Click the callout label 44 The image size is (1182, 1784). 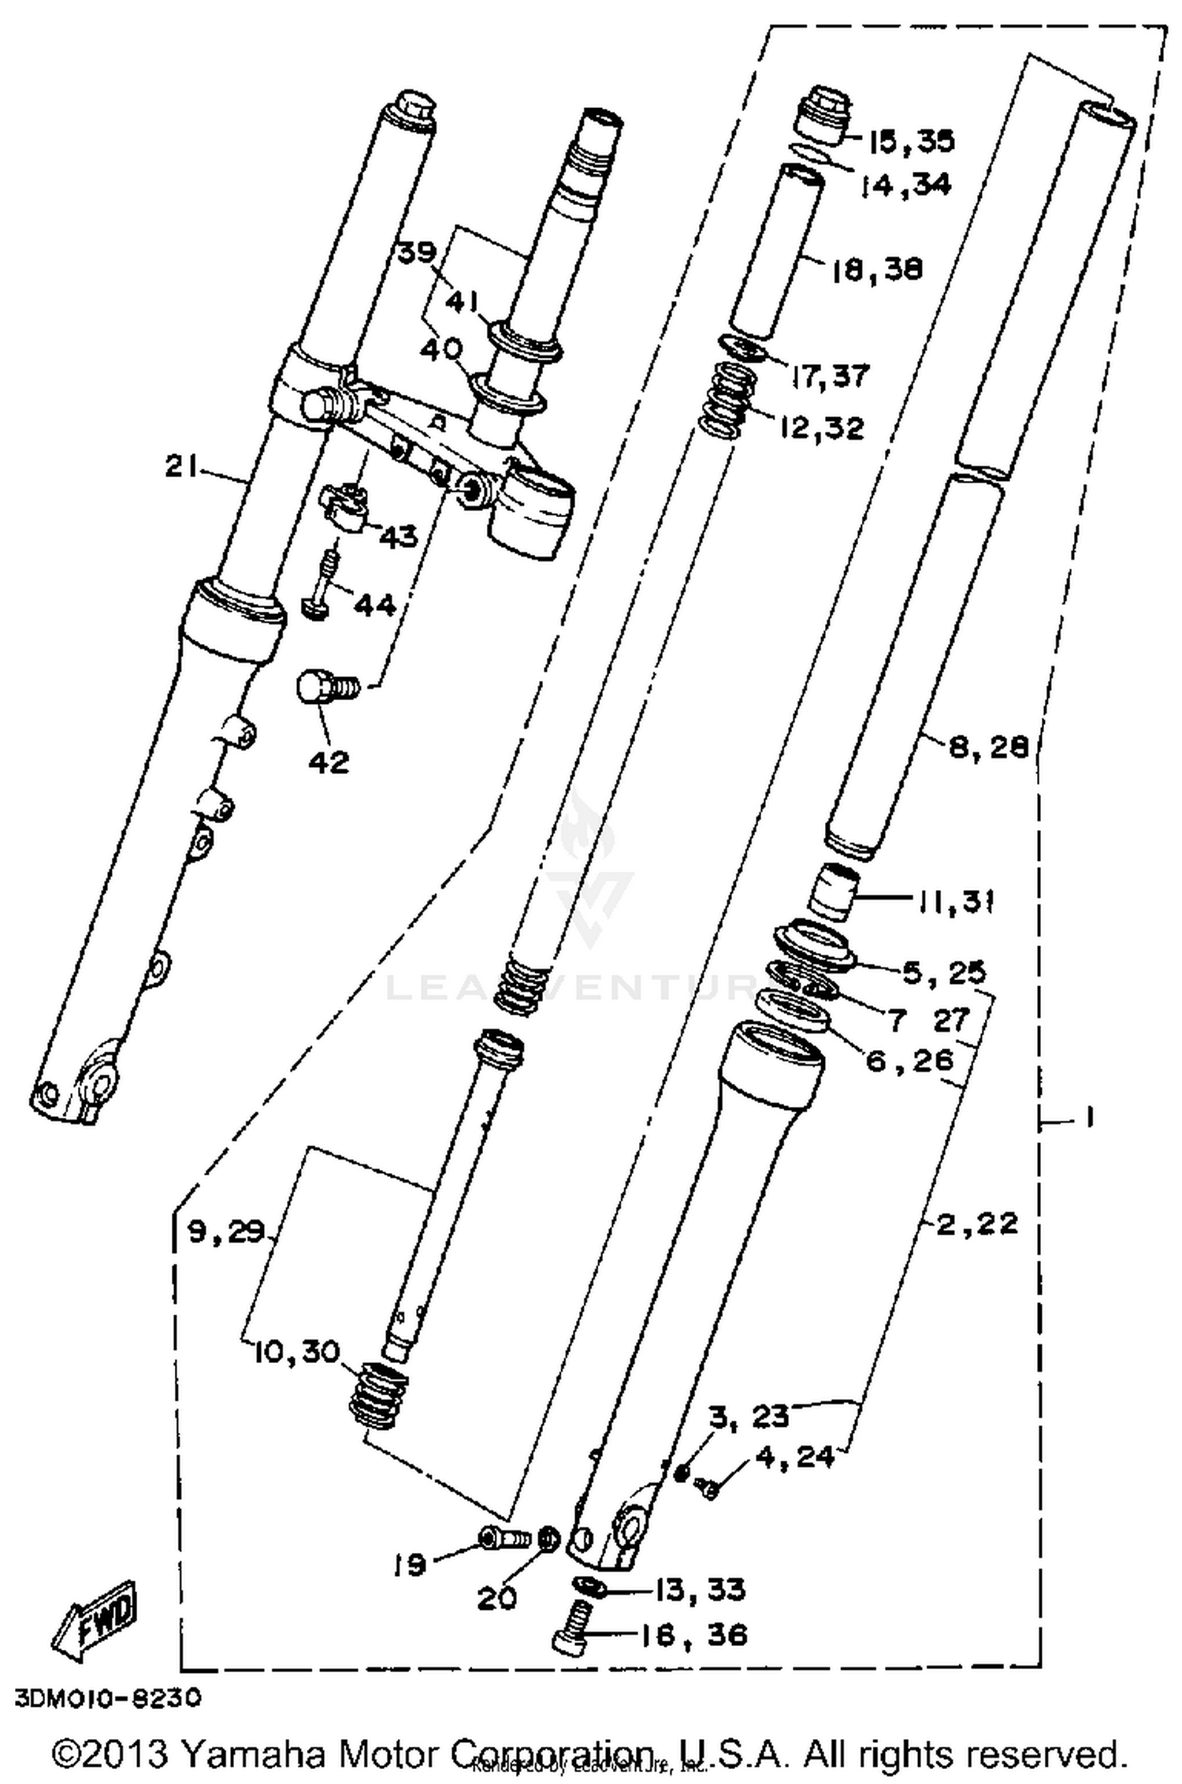pyautogui.click(x=374, y=605)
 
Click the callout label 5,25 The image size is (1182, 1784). pyautogui.click(x=943, y=973)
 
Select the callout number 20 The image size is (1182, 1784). pyautogui.click(x=496, y=1597)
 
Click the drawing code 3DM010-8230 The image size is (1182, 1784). pyautogui.click(x=106, y=1696)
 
